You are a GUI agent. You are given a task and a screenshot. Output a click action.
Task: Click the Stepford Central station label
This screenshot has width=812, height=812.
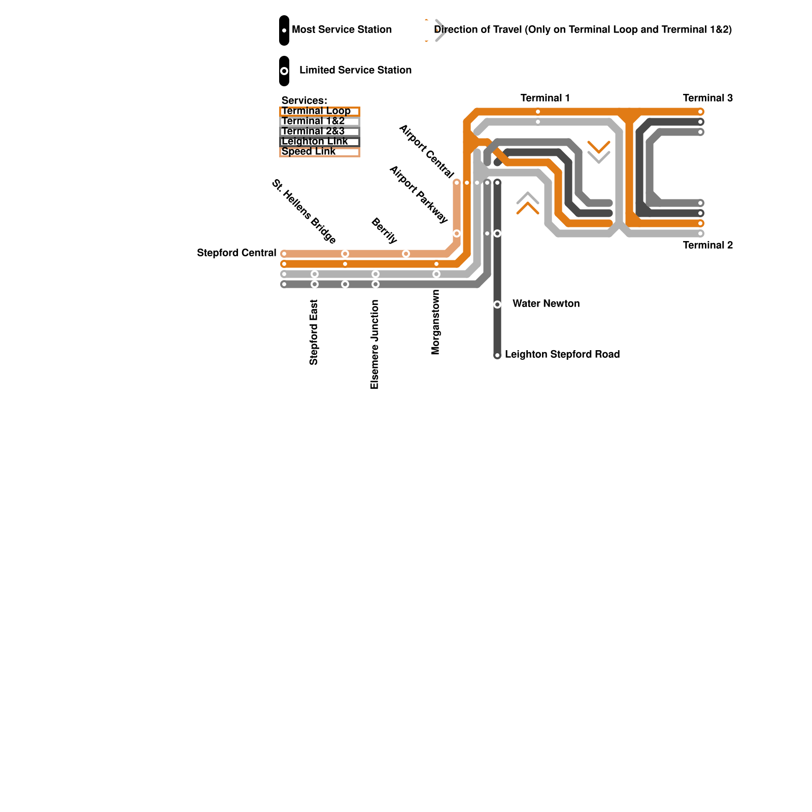tap(236, 253)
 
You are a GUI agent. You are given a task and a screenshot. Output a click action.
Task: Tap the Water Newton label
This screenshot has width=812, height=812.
tap(546, 303)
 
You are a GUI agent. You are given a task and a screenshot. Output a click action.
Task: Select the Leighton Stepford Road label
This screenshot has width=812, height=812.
tap(562, 354)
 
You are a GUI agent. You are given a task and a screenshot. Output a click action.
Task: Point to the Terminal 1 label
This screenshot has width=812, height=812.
tap(546, 98)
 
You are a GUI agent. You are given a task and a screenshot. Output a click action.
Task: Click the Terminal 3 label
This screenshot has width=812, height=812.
tap(708, 98)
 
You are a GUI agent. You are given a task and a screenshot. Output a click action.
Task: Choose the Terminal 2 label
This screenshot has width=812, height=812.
tap(708, 245)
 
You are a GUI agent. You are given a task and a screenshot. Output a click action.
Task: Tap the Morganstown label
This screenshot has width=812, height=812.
tap(435, 322)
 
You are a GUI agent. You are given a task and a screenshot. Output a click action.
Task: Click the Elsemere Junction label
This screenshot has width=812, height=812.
tap(375, 345)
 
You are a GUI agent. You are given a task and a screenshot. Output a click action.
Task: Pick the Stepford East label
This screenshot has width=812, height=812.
tap(314, 332)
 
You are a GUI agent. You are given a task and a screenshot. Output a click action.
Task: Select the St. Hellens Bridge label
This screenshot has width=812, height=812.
tap(304, 212)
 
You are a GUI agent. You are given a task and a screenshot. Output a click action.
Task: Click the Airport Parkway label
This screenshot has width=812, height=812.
tap(419, 194)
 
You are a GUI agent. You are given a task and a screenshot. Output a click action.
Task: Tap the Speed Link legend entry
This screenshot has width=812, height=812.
tap(320, 152)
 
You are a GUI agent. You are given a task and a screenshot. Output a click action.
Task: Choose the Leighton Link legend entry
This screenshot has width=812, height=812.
tap(320, 142)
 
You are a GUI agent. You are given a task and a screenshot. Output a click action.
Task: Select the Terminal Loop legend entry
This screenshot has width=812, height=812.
tap(320, 111)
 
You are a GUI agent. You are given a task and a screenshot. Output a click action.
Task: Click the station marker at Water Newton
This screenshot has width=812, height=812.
tap(497, 304)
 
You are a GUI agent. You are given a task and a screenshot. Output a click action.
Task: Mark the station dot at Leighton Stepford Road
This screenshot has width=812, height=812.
tap(497, 355)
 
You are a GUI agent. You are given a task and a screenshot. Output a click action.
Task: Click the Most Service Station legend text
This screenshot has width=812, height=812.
tap(342, 29)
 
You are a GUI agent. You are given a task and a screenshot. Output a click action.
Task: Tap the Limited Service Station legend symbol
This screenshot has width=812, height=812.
tap(284, 71)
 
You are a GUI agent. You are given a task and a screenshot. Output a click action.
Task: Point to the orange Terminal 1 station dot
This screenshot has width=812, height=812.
tap(538, 112)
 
